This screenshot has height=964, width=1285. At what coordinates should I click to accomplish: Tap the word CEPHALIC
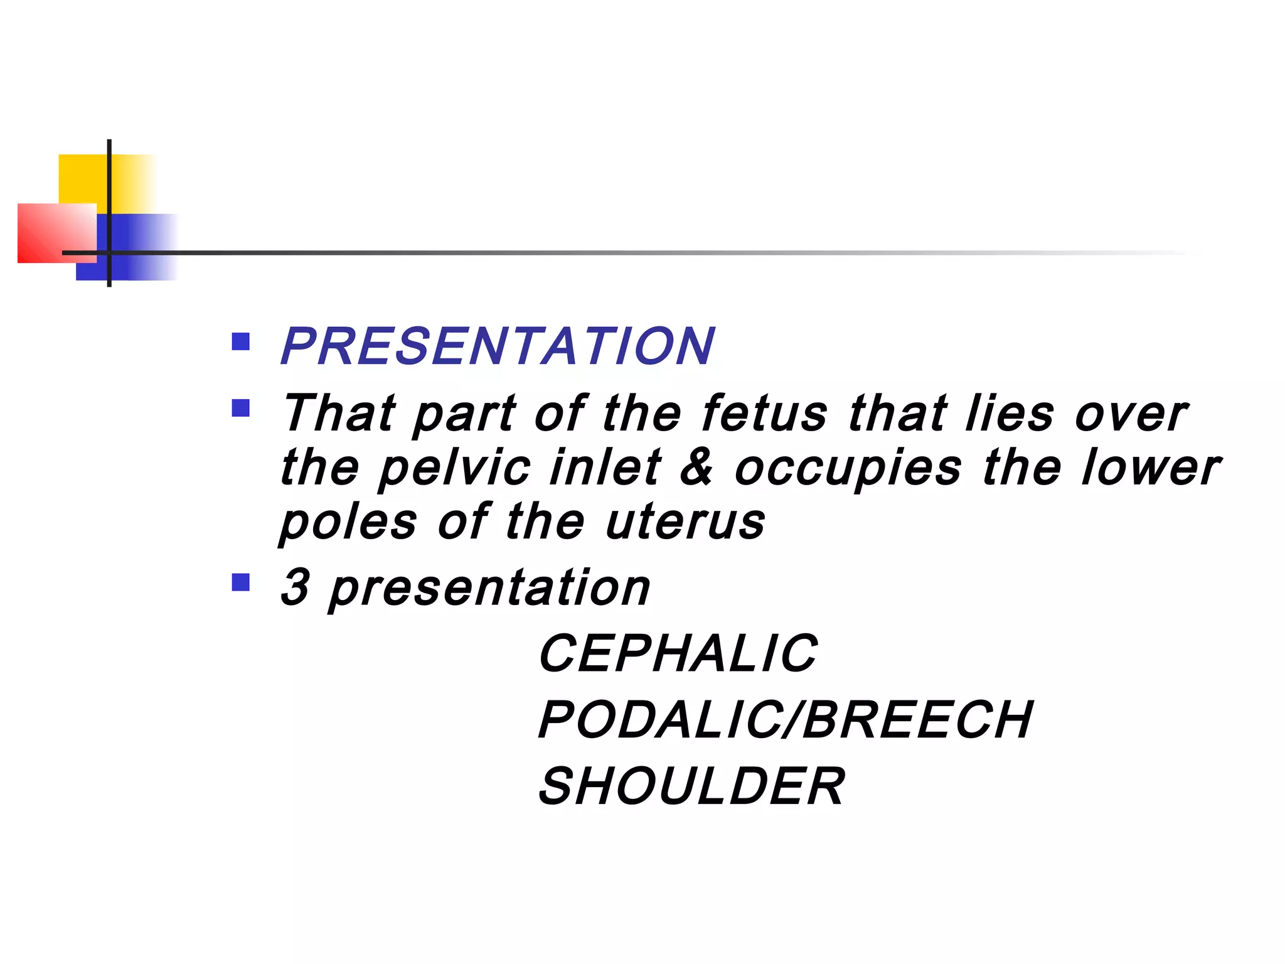[x=678, y=653]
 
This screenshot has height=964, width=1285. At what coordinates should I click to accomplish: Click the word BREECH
[x=917, y=720]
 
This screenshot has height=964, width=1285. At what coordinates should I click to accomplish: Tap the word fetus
[x=764, y=414]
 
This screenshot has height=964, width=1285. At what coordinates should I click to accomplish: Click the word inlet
[x=605, y=467]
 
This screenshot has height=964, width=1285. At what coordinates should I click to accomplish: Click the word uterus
[x=685, y=523]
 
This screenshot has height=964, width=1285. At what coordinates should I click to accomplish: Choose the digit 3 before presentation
[x=295, y=587]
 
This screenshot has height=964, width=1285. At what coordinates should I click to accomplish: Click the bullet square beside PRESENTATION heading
[x=241, y=341]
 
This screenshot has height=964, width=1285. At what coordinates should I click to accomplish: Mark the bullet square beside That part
[x=241, y=409]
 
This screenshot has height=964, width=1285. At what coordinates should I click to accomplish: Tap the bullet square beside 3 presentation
[x=241, y=582]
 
